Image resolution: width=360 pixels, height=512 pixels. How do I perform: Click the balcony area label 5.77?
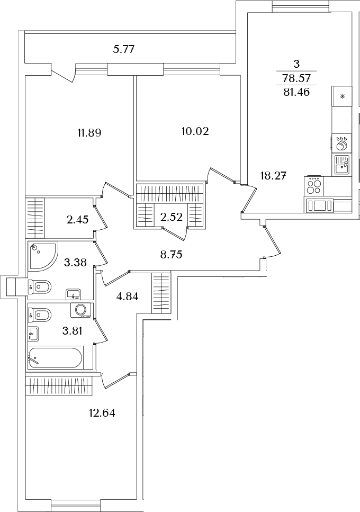123,50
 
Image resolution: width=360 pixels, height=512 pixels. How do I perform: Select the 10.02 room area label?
195,131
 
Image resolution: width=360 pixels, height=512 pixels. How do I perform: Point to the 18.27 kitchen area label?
273,176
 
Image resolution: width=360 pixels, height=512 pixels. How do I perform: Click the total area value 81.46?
296,93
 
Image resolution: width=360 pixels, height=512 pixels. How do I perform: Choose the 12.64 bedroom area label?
102,413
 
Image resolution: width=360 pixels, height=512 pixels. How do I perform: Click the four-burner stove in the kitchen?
314,186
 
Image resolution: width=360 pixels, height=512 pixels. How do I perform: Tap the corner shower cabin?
42,255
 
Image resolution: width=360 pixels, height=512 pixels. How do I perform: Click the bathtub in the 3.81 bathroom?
55,357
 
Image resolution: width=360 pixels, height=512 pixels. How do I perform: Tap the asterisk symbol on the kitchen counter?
343,96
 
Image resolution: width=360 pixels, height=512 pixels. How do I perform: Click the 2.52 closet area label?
171,217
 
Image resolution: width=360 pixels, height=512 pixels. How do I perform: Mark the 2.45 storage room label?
77,220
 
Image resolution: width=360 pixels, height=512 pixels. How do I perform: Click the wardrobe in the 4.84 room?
161,293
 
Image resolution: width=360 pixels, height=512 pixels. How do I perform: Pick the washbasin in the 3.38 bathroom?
75,294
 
